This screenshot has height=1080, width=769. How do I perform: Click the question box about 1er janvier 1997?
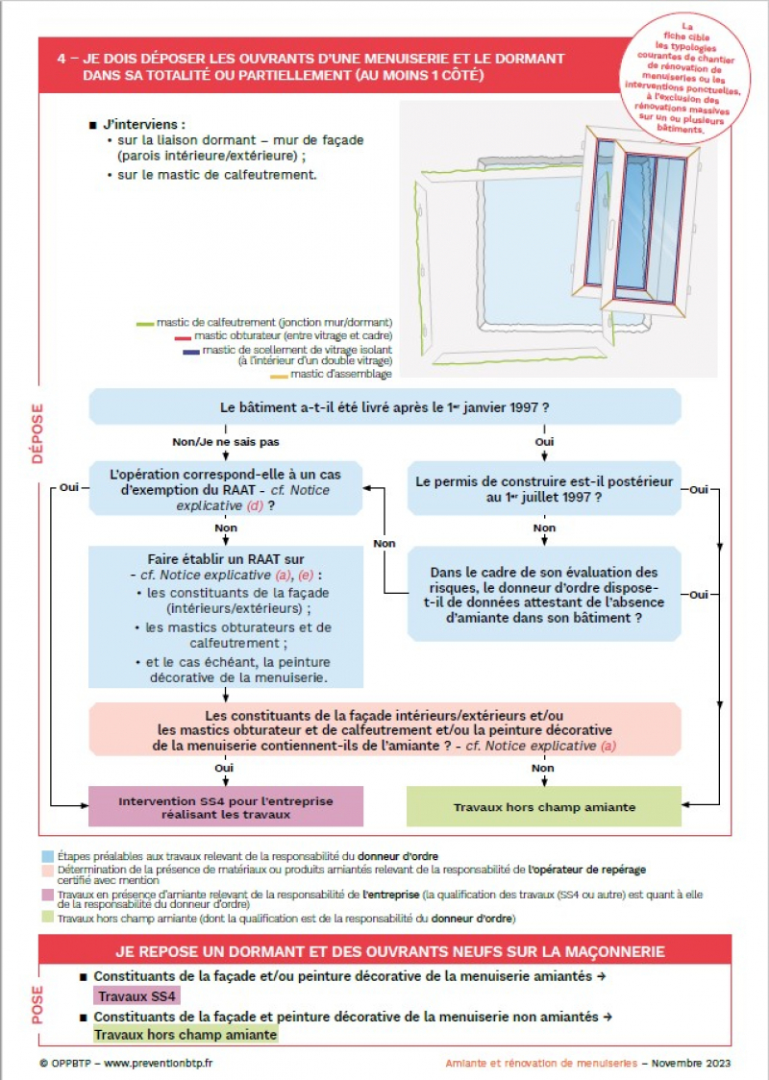click(384, 406)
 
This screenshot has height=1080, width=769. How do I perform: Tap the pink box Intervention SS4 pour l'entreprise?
click(226, 807)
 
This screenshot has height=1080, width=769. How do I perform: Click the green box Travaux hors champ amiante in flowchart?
click(544, 807)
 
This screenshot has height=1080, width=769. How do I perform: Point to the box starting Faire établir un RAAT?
click(226, 617)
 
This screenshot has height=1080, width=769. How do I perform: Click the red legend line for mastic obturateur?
click(183, 337)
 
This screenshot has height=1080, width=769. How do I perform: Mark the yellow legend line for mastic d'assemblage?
click(279, 376)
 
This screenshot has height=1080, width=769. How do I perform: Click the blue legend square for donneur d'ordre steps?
click(48, 855)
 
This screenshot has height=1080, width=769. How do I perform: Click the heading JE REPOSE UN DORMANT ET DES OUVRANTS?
click(389, 951)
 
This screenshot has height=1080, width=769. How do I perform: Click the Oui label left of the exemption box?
click(68, 488)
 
